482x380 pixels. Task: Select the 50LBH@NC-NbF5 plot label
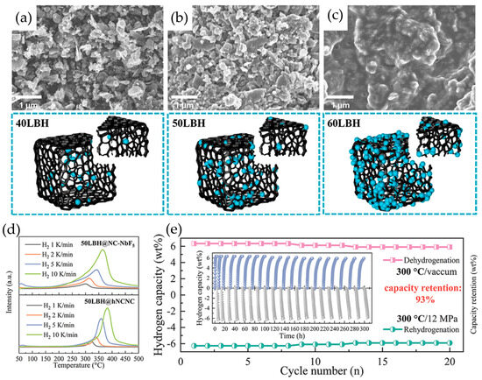pos(108,242)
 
